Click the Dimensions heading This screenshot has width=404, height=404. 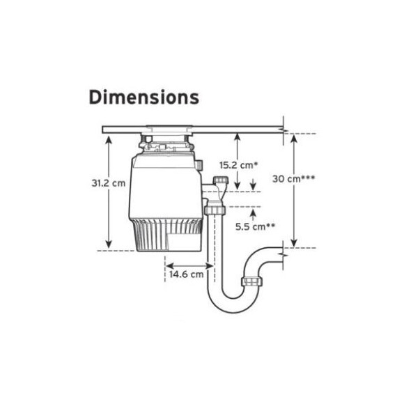pyautogui.click(x=143, y=97)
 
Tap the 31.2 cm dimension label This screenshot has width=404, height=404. pyautogui.click(x=109, y=183)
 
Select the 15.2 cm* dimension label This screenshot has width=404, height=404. pyautogui.click(x=238, y=165)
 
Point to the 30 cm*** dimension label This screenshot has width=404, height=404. pyautogui.click(x=293, y=178)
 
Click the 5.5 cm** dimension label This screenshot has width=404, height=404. pyautogui.click(x=255, y=227)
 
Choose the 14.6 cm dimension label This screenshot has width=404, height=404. pyautogui.click(x=186, y=274)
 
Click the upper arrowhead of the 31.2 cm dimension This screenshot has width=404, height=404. pyautogui.click(x=109, y=139)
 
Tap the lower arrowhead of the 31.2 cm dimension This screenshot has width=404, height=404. pyautogui.click(x=109, y=244)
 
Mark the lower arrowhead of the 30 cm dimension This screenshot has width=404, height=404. pyautogui.click(x=294, y=242)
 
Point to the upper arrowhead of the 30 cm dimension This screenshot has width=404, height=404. pyautogui.click(x=294, y=138)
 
